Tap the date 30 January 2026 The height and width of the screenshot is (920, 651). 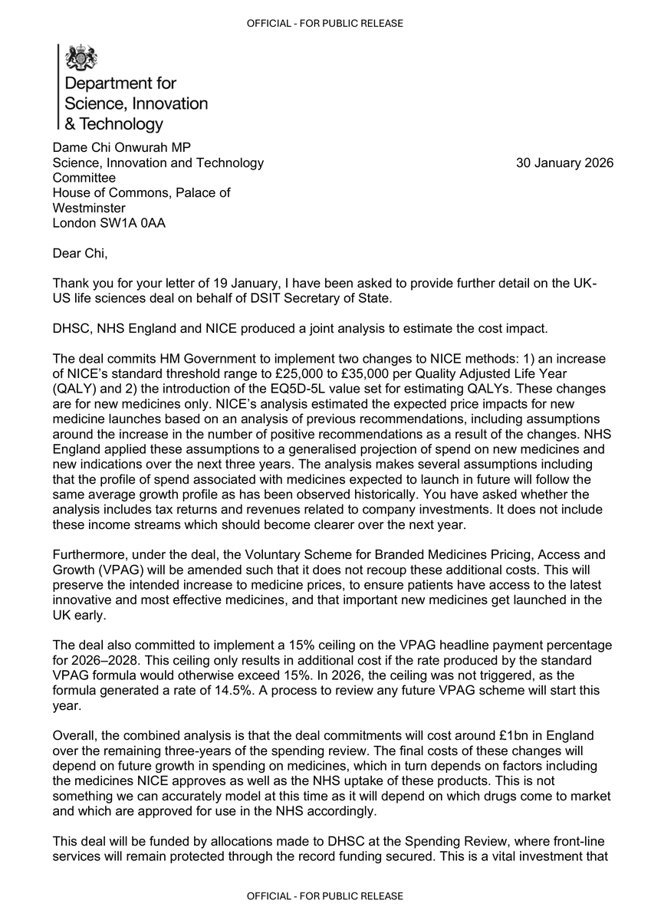click(564, 163)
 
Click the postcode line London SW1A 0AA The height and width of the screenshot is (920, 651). click(108, 223)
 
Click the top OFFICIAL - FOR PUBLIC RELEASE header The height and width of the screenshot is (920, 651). click(325, 24)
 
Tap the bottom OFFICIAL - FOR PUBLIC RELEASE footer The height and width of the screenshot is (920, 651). click(325, 895)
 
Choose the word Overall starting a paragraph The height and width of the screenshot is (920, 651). click(73, 735)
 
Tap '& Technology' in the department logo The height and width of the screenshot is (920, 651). click(113, 124)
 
